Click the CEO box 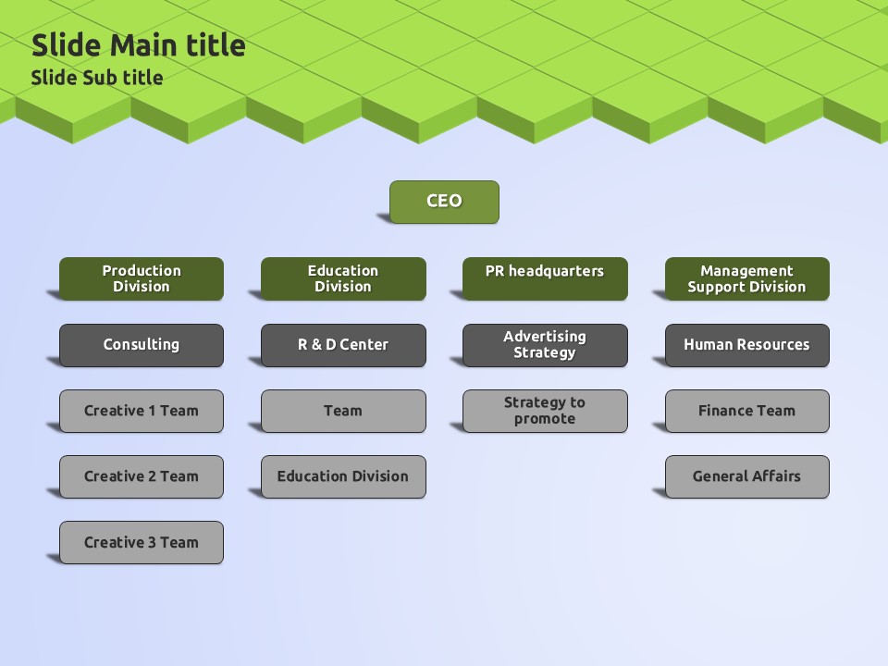(x=444, y=202)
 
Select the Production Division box (x=142, y=278)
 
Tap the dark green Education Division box (x=343, y=278)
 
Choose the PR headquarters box (x=545, y=278)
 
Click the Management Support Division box (x=746, y=278)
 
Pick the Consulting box (x=142, y=345)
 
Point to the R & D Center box (x=343, y=345)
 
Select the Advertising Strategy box (x=545, y=345)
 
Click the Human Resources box (x=746, y=345)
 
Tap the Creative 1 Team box (x=142, y=411)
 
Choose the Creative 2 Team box (x=142, y=476)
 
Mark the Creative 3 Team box (x=142, y=542)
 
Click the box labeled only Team (x=343, y=411)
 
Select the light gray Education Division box (x=343, y=476)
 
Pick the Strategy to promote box (x=545, y=411)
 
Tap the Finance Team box (x=746, y=411)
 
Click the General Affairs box (x=746, y=476)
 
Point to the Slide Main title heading (x=139, y=45)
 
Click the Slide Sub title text (x=97, y=78)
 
